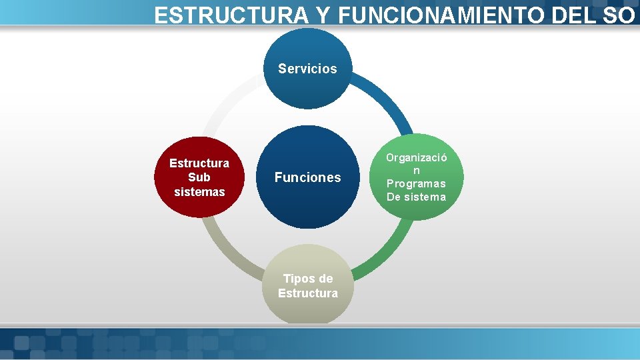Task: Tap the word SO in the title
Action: (x=617, y=15)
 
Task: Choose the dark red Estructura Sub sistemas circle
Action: (x=199, y=177)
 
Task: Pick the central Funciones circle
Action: (x=307, y=177)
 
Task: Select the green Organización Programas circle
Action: (x=417, y=177)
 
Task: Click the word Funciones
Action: (x=307, y=177)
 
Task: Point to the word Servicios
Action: (x=307, y=69)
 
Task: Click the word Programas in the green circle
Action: (x=416, y=183)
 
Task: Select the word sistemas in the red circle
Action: (x=199, y=192)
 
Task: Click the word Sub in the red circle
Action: (x=199, y=177)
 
